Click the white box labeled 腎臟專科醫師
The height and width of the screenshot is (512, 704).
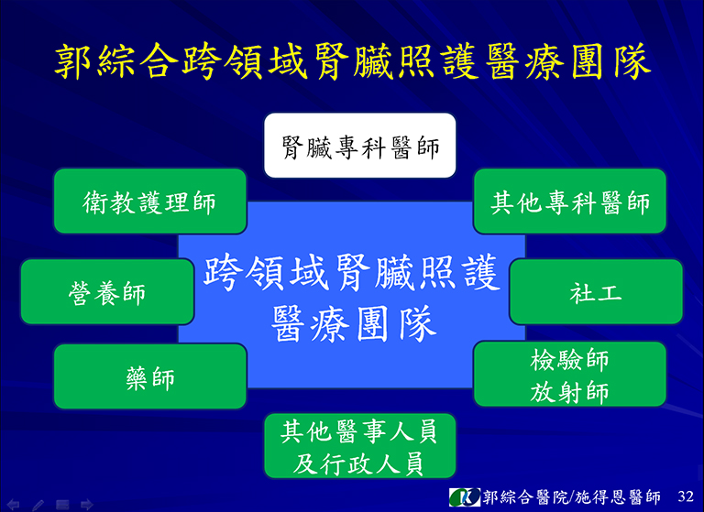click(x=360, y=146)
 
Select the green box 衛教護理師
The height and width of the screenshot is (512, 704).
click(x=150, y=201)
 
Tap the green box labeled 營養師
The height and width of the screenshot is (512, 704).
click(x=107, y=291)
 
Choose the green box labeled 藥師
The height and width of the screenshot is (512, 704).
click(x=150, y=376)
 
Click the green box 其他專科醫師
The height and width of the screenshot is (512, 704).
click(x=570, y=201)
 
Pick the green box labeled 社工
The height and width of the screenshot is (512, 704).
click(x=596, y=291)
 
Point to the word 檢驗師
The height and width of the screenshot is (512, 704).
click(x=569, y=360)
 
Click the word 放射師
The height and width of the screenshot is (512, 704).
click(x=569, y=393)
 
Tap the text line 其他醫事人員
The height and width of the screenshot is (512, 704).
click(x=358, y=431)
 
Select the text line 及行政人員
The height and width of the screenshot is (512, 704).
click(x=358, y=463)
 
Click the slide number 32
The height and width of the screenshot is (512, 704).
click(x=686, y=496)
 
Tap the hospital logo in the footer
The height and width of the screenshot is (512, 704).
click(x=465, y=496)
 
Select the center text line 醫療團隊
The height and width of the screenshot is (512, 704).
click(x=353, y=323)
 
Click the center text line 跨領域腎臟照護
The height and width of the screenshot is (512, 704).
click(x=352, y=272)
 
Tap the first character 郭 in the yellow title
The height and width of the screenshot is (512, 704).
click(x=73, y=61)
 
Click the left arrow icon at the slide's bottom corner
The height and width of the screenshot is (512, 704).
click(x=13, y=505)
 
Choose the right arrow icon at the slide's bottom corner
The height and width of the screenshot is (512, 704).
click(x=86, y=505)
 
